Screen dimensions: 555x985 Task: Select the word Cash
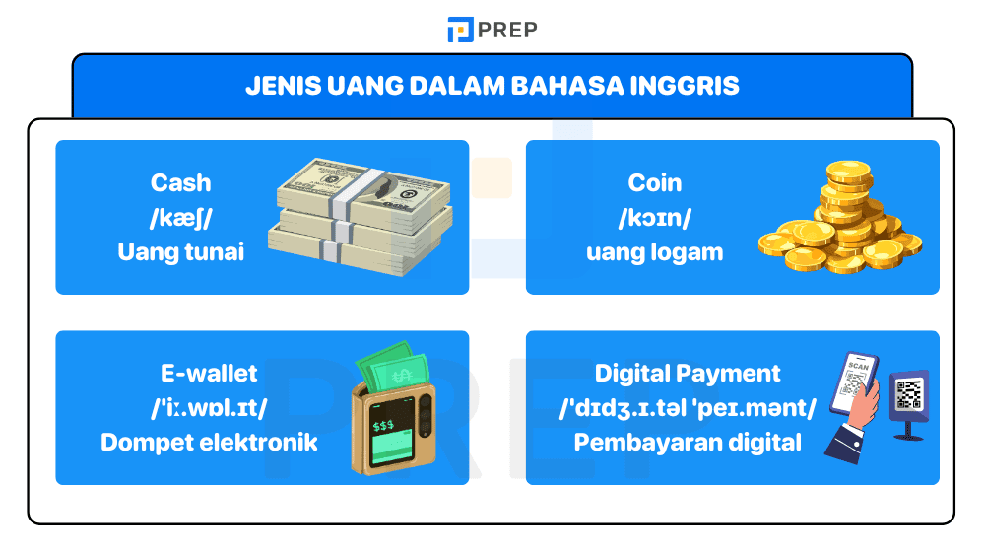pos(180,182)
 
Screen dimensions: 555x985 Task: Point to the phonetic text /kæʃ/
pos(180,217)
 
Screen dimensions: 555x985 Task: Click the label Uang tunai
pos(180,251)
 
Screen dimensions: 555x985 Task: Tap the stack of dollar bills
pos(362,217)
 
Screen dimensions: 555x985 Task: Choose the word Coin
pos(655,182)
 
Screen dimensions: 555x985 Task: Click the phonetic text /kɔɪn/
pos(655,217)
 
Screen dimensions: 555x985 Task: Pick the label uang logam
pos(655,251)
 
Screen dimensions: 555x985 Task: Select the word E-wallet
pos(209,374)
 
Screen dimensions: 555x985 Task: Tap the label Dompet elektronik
pos(209,442)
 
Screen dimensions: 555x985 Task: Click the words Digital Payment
pos(688,374)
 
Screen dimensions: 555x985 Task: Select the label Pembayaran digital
pos(688,442)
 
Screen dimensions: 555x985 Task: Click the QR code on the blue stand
pos(908,394)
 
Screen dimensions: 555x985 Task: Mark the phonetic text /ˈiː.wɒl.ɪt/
pos(209,407)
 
